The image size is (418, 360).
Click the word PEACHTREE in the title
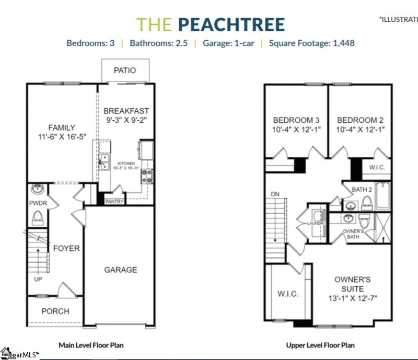pos(231,25)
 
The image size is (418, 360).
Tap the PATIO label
pos(125,70)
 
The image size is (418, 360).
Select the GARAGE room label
pos(120,270)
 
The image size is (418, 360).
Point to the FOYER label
pos(66,248)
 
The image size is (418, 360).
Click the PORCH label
pos(55,311)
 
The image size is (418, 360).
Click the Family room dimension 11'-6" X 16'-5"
pos(61,136)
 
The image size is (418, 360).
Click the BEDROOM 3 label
pos(295,119)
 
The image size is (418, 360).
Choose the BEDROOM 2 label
pos(361,119)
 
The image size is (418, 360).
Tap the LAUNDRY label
pos(316,223)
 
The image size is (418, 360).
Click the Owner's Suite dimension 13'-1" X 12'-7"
pos(353,298)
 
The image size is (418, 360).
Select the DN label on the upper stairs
pos(275,194)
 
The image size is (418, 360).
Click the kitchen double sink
pos(104,161)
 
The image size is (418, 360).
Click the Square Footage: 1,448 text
pos(311,43)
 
